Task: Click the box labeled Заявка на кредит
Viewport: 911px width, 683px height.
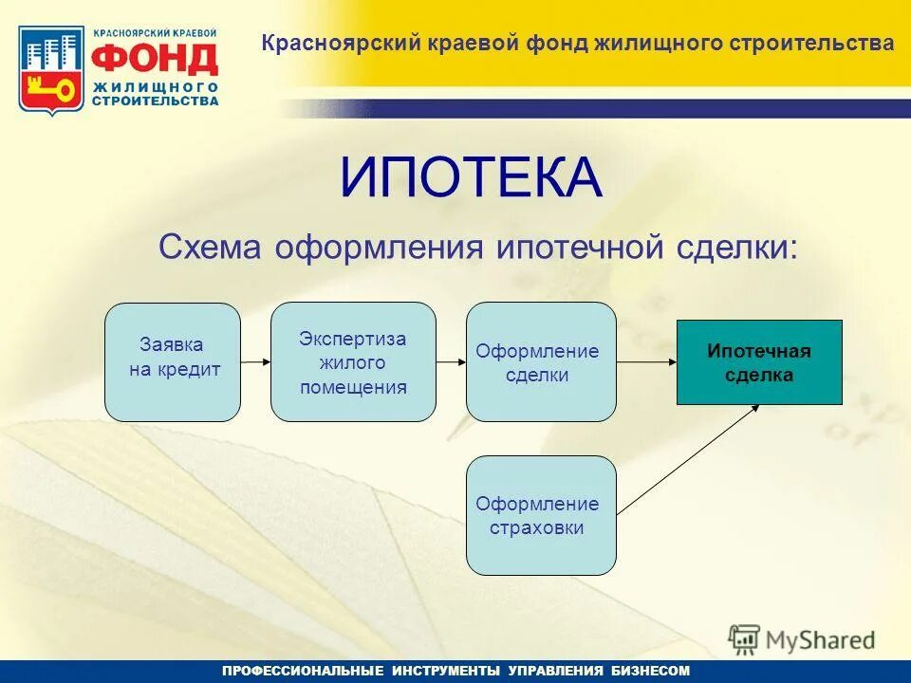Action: tap(172, 361)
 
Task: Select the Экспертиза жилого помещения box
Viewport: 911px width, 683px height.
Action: tap(353, 361)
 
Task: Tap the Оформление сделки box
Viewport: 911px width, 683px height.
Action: tap(541, 361)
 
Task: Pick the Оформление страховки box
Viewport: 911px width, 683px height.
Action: tap(541, 515)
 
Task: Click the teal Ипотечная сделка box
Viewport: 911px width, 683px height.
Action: tap(758, 362)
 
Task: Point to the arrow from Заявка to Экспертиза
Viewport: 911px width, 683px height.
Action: tap(255, 362)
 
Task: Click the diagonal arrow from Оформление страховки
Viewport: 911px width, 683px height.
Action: tap(688, 460)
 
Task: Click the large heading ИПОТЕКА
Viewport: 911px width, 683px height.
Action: tap(471, 178)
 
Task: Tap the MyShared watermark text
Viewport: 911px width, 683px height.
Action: tap(819, 640)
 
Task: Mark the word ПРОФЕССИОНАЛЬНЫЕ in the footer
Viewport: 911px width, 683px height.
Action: tap(302, 671)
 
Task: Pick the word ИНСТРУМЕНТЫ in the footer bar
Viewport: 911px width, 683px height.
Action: tap(445, 671)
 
